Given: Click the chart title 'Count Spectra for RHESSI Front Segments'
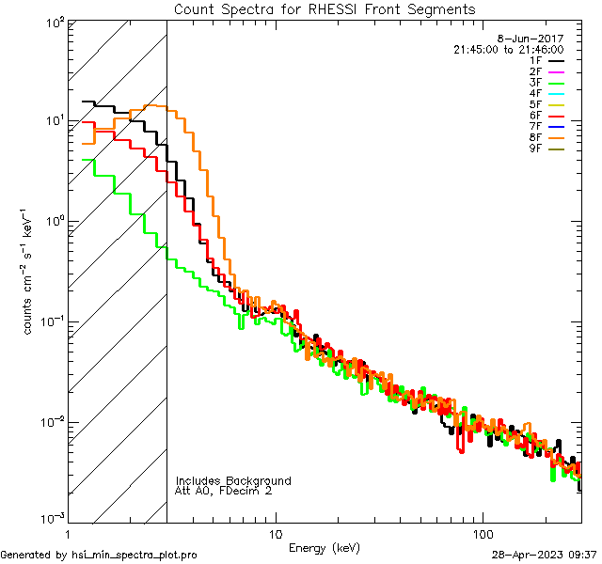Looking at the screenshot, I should [x=325, y=8].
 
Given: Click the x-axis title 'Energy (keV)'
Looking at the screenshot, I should [x=325, y=547].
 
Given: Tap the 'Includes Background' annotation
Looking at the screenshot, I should [x=232, y=481].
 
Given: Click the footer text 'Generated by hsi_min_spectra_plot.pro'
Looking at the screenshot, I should [x=99, y=556].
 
